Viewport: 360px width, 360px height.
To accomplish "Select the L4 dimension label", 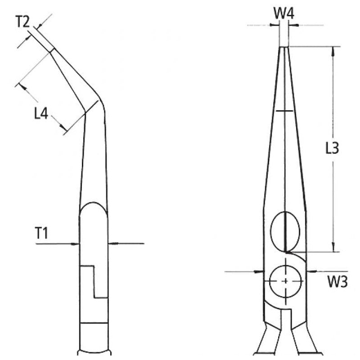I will pos(41,113).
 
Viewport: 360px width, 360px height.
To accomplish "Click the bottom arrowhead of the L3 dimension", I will pos(333,247).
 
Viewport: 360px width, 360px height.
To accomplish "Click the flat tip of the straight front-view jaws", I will pos(284,47).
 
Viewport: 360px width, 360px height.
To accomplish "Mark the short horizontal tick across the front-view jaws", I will pos(284,110).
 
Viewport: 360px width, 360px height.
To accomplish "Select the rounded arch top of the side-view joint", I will pos(93,205).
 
